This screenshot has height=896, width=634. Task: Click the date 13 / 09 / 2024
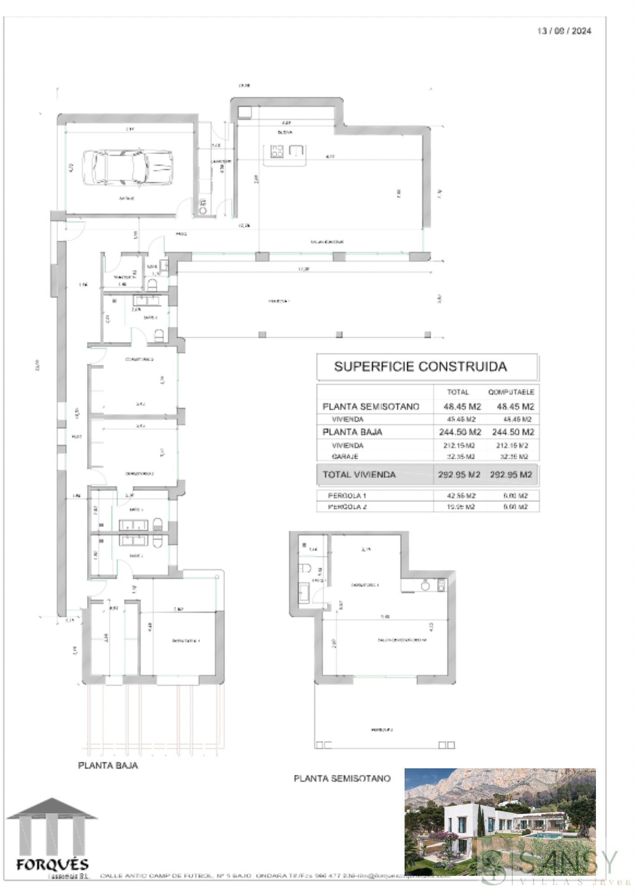tap(564, 31)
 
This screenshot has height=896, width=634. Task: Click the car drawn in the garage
tap(127, 167)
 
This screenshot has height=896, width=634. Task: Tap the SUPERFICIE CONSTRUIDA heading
tap(420, 366)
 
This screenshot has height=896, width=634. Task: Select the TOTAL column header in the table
tap(457, 392)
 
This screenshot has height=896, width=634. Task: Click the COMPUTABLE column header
tap(511, 392)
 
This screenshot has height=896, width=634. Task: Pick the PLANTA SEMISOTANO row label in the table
tap(371, 407)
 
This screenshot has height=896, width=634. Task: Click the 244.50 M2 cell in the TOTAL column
tap(460, 432)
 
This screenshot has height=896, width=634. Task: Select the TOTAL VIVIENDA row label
tap(359, 474)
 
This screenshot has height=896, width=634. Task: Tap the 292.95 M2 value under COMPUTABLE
tap(511, 474)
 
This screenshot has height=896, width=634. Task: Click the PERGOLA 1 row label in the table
tap(347, 495)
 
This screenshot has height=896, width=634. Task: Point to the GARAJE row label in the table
tap(345, 457)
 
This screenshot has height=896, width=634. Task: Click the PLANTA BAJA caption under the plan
tap(108, 766)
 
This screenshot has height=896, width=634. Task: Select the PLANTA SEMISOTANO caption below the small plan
tap(342, 779)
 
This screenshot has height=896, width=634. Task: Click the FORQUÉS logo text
tap(52, 864)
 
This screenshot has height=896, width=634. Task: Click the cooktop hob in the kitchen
tap(277, 151)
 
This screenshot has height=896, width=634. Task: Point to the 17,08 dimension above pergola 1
tap(303, 269)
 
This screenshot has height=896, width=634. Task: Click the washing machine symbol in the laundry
tap(203, 207)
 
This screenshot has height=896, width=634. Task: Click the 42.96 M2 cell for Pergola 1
tap(461, 495)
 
